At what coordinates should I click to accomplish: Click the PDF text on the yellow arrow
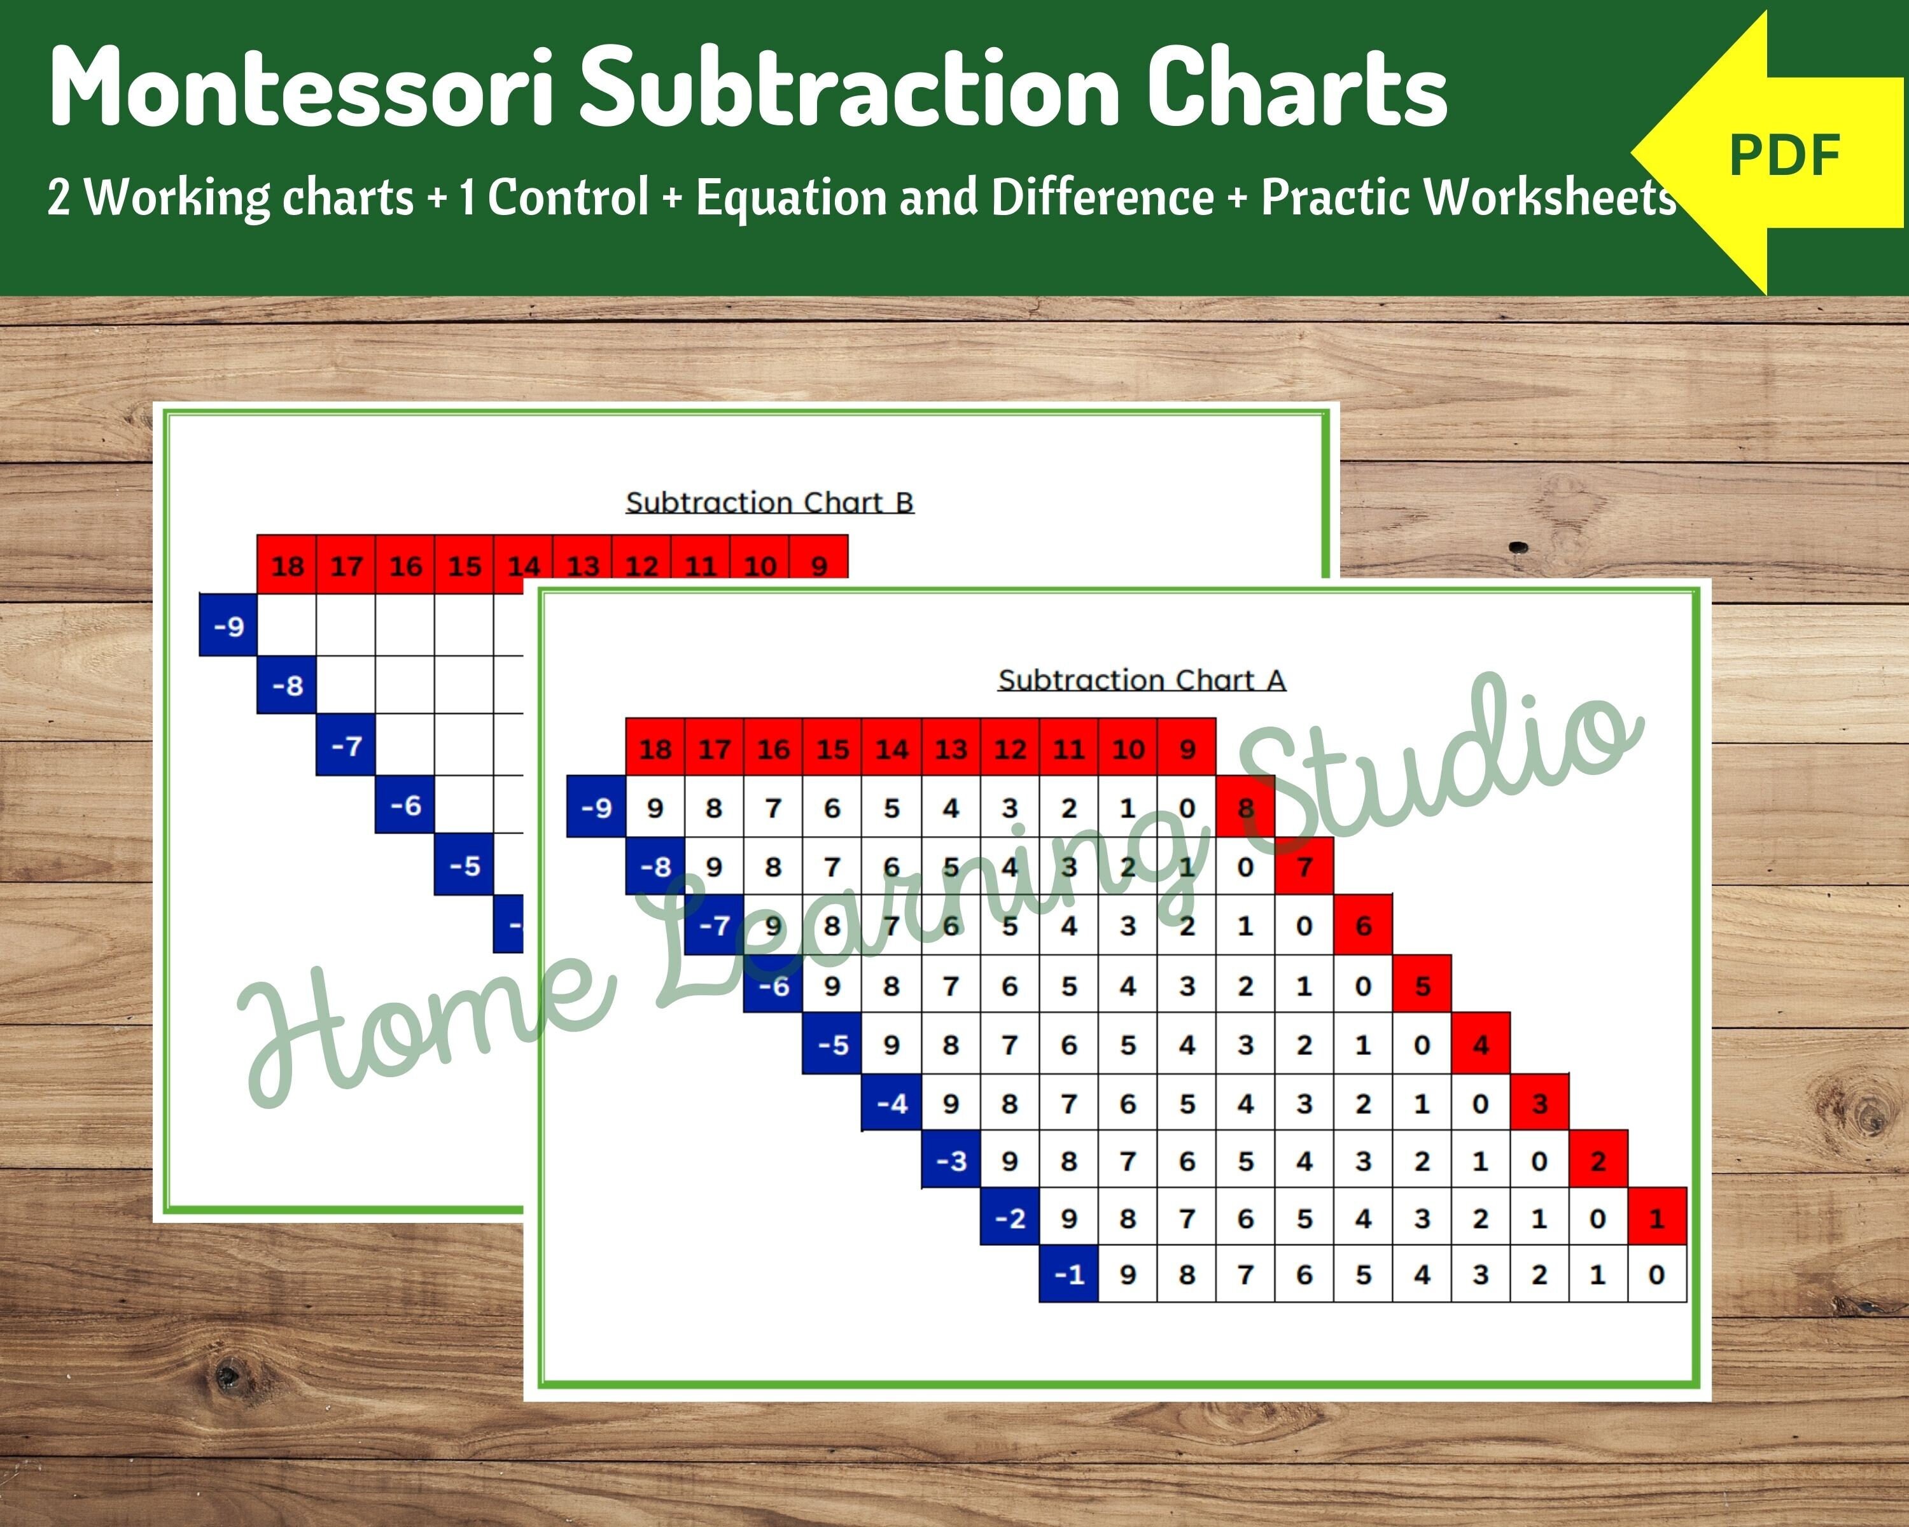pyautogui.click(x=1784, y=157)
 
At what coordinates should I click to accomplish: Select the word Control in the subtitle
pyautogui.click(x=568, y=197)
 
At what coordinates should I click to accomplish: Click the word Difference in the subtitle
pyautogui.click(x=1102, y=197)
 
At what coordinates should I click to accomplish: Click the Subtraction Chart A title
pyautogui.click(x=1142, y=680)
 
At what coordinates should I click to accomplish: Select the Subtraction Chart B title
pyautogui.click(x=769, y=503)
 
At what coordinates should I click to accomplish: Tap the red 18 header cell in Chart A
pyautogui.click(x=655, y=749)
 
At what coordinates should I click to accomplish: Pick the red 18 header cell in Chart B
pyautogui.click(x=287, y=565)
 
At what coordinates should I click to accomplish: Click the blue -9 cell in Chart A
pyautogui.click(x=596, y=807)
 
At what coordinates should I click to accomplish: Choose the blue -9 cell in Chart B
pyautogui.click(x=228, y=627)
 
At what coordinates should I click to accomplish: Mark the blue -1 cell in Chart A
pyautogui.click(x=1068, y=1274)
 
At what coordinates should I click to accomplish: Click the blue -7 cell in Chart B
pyautogui.click(x=346, y=745)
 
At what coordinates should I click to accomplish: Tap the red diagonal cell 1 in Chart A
pyautogui.click(x=1656, y=1218)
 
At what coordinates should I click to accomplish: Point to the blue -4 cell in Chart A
pyautogui.click(x=892, y=1103)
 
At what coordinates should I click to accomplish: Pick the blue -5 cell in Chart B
pyautogui.click(x=464, y=865)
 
